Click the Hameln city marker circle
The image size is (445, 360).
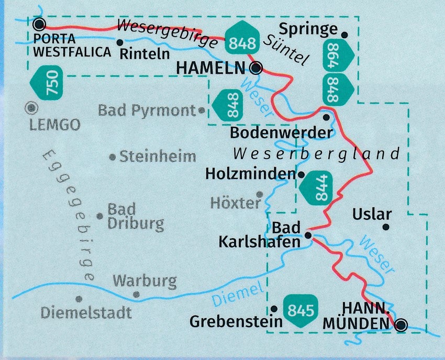[257, 67]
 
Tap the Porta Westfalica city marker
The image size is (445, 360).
[39, 24]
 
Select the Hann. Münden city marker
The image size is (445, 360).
[400, 325]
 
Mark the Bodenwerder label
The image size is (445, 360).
[281, 132]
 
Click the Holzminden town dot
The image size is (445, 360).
[301, 173]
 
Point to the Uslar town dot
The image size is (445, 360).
[386, 227]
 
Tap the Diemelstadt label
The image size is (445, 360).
[86, 313]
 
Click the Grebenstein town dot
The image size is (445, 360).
[274, 308]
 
